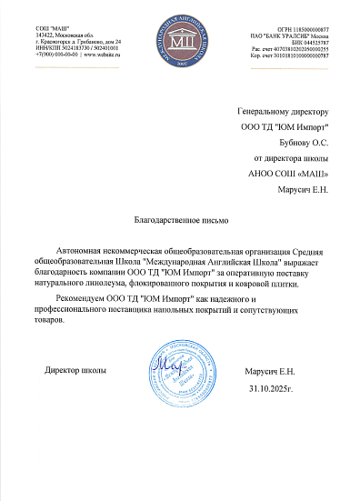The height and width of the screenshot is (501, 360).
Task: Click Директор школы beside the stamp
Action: pos(75,371)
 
